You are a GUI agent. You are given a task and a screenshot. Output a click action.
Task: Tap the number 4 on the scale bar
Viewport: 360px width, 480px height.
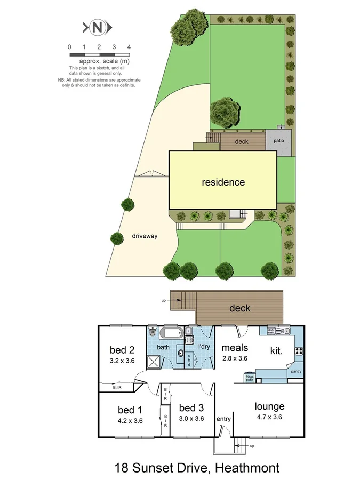(129, 47)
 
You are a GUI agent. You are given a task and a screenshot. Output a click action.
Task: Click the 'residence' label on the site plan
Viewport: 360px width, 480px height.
(223, 182)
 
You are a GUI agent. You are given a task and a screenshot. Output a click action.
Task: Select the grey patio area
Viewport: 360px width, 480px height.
(279, 141)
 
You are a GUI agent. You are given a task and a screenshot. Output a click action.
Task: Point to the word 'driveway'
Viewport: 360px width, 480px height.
(145, 236)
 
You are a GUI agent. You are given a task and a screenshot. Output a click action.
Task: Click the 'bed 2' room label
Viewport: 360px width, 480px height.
(123, 350)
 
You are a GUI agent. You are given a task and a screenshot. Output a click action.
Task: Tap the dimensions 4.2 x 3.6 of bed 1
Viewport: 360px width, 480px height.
(130, 420)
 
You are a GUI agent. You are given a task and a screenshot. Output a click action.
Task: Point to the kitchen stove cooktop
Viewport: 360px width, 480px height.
(299, 351)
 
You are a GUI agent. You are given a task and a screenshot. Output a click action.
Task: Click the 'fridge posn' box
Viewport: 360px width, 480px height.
(250, 379)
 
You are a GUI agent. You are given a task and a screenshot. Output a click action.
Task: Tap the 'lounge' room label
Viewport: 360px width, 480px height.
(269, 406)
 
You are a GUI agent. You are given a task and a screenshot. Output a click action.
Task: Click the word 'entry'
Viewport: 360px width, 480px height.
(223, 419)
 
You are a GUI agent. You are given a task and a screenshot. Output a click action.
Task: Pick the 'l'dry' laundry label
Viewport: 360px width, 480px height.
(204, 347)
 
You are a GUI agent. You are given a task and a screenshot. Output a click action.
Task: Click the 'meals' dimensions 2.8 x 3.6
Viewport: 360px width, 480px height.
(235, 358)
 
